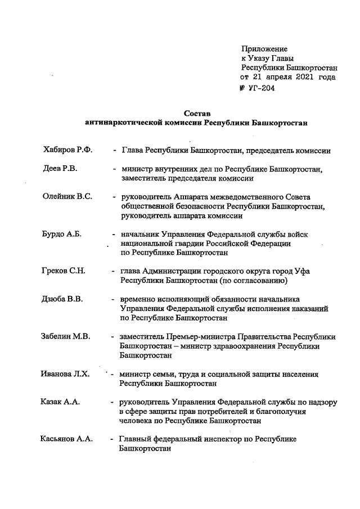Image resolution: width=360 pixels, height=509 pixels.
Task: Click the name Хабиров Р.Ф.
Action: (67, 150)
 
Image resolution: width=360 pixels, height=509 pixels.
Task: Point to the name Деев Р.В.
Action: (60, 169)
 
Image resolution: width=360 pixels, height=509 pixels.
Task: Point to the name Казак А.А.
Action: (60, 402)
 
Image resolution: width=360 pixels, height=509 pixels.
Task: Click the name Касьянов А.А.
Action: (66, 439)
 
